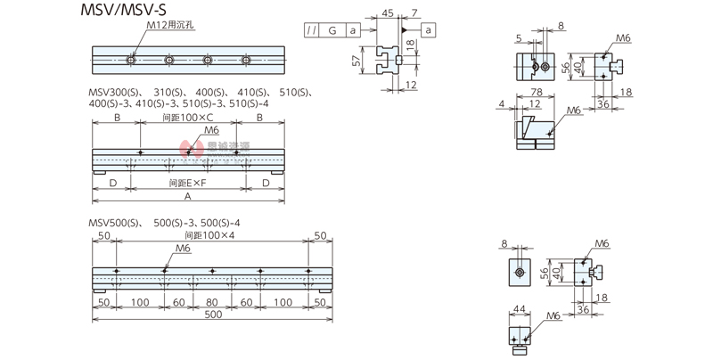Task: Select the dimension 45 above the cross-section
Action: (387, 13)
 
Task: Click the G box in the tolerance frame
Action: (332, 31)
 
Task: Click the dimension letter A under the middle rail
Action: (188, 195)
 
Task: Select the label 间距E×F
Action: (188, 183)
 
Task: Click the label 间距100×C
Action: (188, 117)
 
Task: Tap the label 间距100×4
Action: (210, 235)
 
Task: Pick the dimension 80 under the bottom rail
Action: (211, 302)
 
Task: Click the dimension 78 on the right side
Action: (536, 92)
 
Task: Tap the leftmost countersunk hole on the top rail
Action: (132, 61)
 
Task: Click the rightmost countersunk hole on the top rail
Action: (245, 61)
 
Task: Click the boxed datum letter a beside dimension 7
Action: (429, 31)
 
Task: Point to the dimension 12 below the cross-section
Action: (412, 84)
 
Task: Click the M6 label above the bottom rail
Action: (184, 249)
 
